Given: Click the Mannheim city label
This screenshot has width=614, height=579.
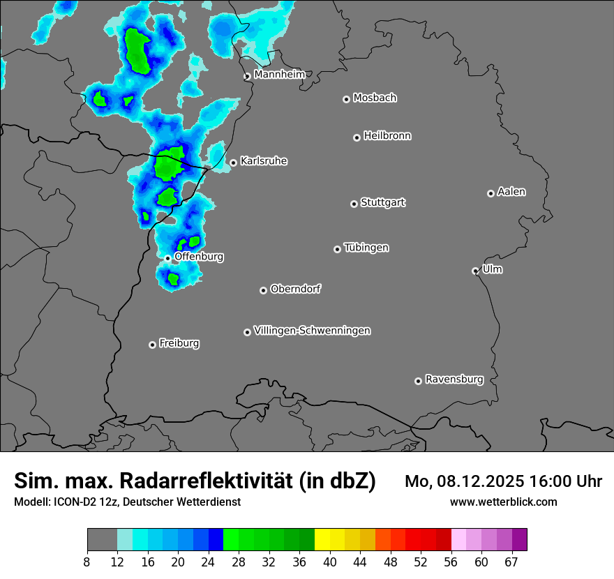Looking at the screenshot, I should pos(279,74).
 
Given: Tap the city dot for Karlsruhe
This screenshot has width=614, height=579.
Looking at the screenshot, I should pos(233,163).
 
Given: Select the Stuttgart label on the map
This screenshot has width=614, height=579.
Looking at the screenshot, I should pos(383,202).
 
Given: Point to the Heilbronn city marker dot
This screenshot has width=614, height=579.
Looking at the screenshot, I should pos(357,137).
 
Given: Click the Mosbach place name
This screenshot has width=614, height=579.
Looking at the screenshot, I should pos(375,98).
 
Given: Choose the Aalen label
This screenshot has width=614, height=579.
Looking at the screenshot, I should pos(511,191).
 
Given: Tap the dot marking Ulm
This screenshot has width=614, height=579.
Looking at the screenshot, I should pos(475,271).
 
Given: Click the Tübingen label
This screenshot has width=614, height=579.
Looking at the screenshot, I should pos(366,248).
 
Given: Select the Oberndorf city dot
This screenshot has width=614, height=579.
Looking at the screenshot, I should pos(263,290).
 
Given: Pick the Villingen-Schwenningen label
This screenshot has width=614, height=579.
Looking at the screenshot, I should pos(312,330).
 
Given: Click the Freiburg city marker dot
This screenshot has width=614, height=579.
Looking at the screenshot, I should pos(152,345).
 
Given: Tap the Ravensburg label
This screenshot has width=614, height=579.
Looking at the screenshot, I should pos(454,379).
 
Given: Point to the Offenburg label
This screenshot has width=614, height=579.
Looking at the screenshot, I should pos(199,256).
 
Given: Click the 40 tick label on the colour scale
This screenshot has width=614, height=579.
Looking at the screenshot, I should pos(330,562).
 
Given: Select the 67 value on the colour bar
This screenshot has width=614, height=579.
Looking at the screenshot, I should pos(512,562).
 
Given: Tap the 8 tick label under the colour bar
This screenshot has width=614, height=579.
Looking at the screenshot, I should pos(87,562).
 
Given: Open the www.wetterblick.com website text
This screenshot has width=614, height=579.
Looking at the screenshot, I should pos(503,502).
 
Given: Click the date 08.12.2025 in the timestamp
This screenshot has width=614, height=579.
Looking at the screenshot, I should pos(481,481).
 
